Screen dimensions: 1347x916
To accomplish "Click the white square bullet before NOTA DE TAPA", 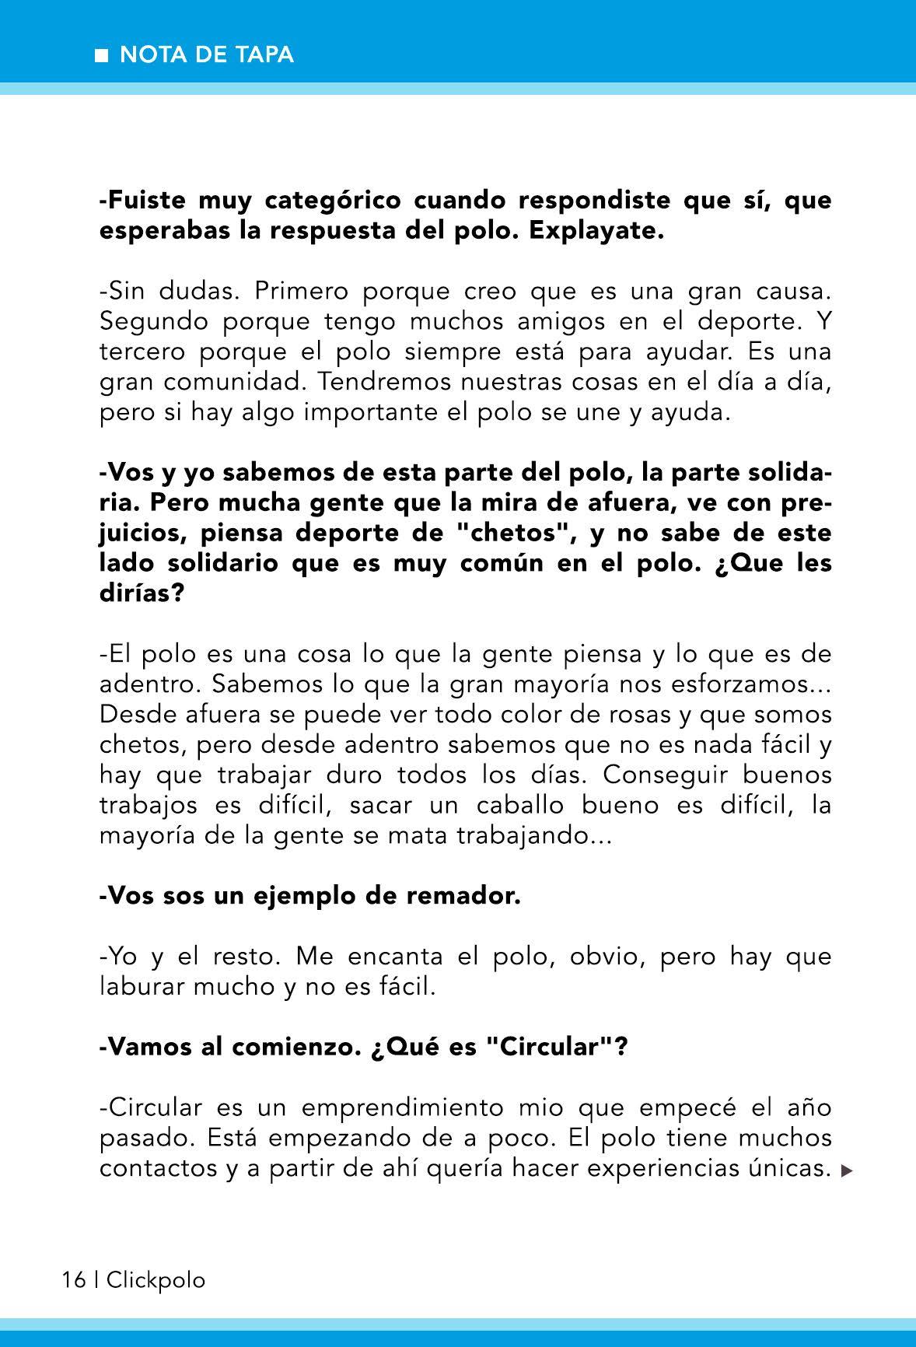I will (x=101, y=56).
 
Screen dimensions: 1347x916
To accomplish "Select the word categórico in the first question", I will (x=333, y=201).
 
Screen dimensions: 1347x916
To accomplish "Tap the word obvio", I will (x=606, y=956).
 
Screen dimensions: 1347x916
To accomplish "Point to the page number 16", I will (x=74, y=1280).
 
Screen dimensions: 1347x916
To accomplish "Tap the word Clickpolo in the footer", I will (x=156, y=1280).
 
